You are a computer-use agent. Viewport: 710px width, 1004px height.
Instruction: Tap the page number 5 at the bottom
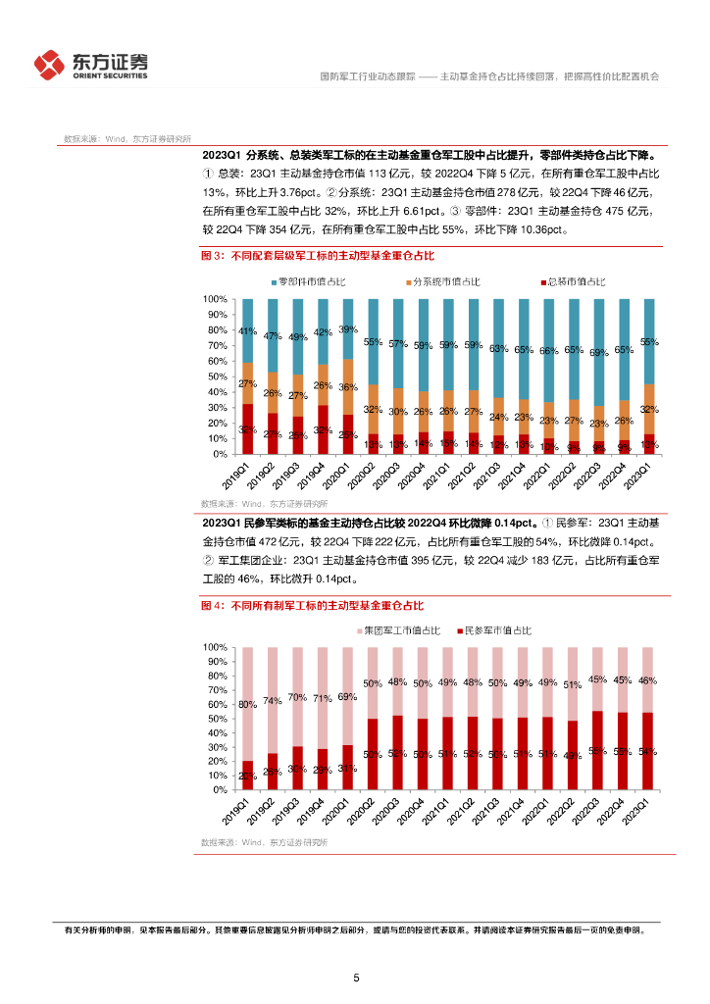356,978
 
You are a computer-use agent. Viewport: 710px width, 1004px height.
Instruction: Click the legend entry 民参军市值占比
496,629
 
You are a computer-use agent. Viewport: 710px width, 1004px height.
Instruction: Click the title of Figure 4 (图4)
312,606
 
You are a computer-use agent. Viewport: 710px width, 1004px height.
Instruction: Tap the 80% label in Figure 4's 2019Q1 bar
248,704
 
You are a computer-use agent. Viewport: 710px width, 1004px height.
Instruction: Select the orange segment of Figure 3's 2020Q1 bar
348,386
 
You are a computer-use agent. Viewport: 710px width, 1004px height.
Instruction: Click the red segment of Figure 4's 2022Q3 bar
598,750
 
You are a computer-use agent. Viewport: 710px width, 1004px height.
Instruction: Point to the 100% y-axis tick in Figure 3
216,298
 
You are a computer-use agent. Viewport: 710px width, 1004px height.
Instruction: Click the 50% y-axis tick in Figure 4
216,719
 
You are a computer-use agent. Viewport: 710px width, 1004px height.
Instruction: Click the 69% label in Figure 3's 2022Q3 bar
598,352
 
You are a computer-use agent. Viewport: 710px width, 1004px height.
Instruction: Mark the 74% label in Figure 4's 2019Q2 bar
273,700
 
